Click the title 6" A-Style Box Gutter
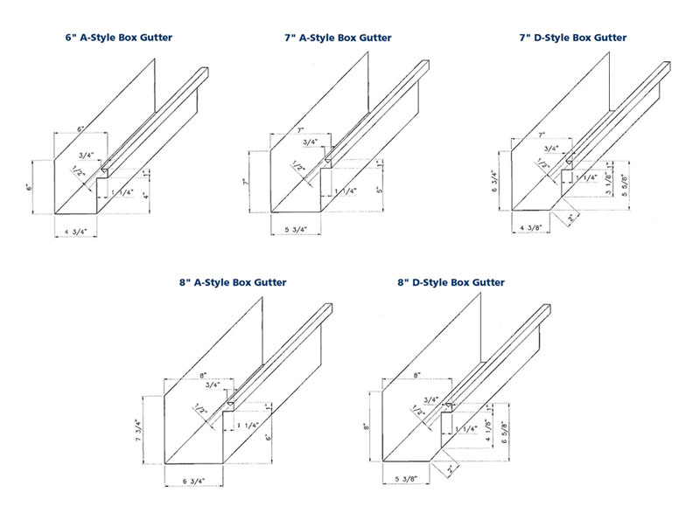coord(117,38)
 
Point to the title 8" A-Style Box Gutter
coord(231,282)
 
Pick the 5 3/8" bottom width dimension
coord(410,481)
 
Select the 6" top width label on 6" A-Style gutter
coord(80,128)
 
